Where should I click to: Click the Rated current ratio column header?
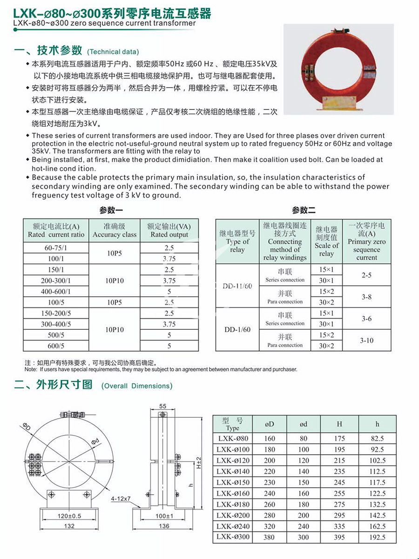pyautogui.click(x=56, y=231)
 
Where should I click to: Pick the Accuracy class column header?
pyautogui.click(x=115, y=231)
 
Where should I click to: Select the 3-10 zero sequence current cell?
pyautogui.click(x=367, y=341)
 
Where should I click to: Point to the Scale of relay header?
pyautogui.click(x=326, y=241)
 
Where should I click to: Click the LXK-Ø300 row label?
pyautogui.click(x=233, y=537)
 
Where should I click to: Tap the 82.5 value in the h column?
pyautogui.click(x=377, y=438)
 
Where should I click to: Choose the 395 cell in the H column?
pyautogui.click(x=339, y=537)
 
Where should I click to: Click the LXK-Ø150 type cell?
pyautogui.click(x=233, y=482)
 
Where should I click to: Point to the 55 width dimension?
pyautogui.click(x=162, y=406)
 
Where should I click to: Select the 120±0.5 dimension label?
pyautogui.click(x=69, y=516)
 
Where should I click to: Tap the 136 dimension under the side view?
pyautogui.click(x=164, y=526)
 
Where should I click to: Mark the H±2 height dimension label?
pyautogui.click(x=198, y=462)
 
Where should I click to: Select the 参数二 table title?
pyautogui.click(x=304, y=210)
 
